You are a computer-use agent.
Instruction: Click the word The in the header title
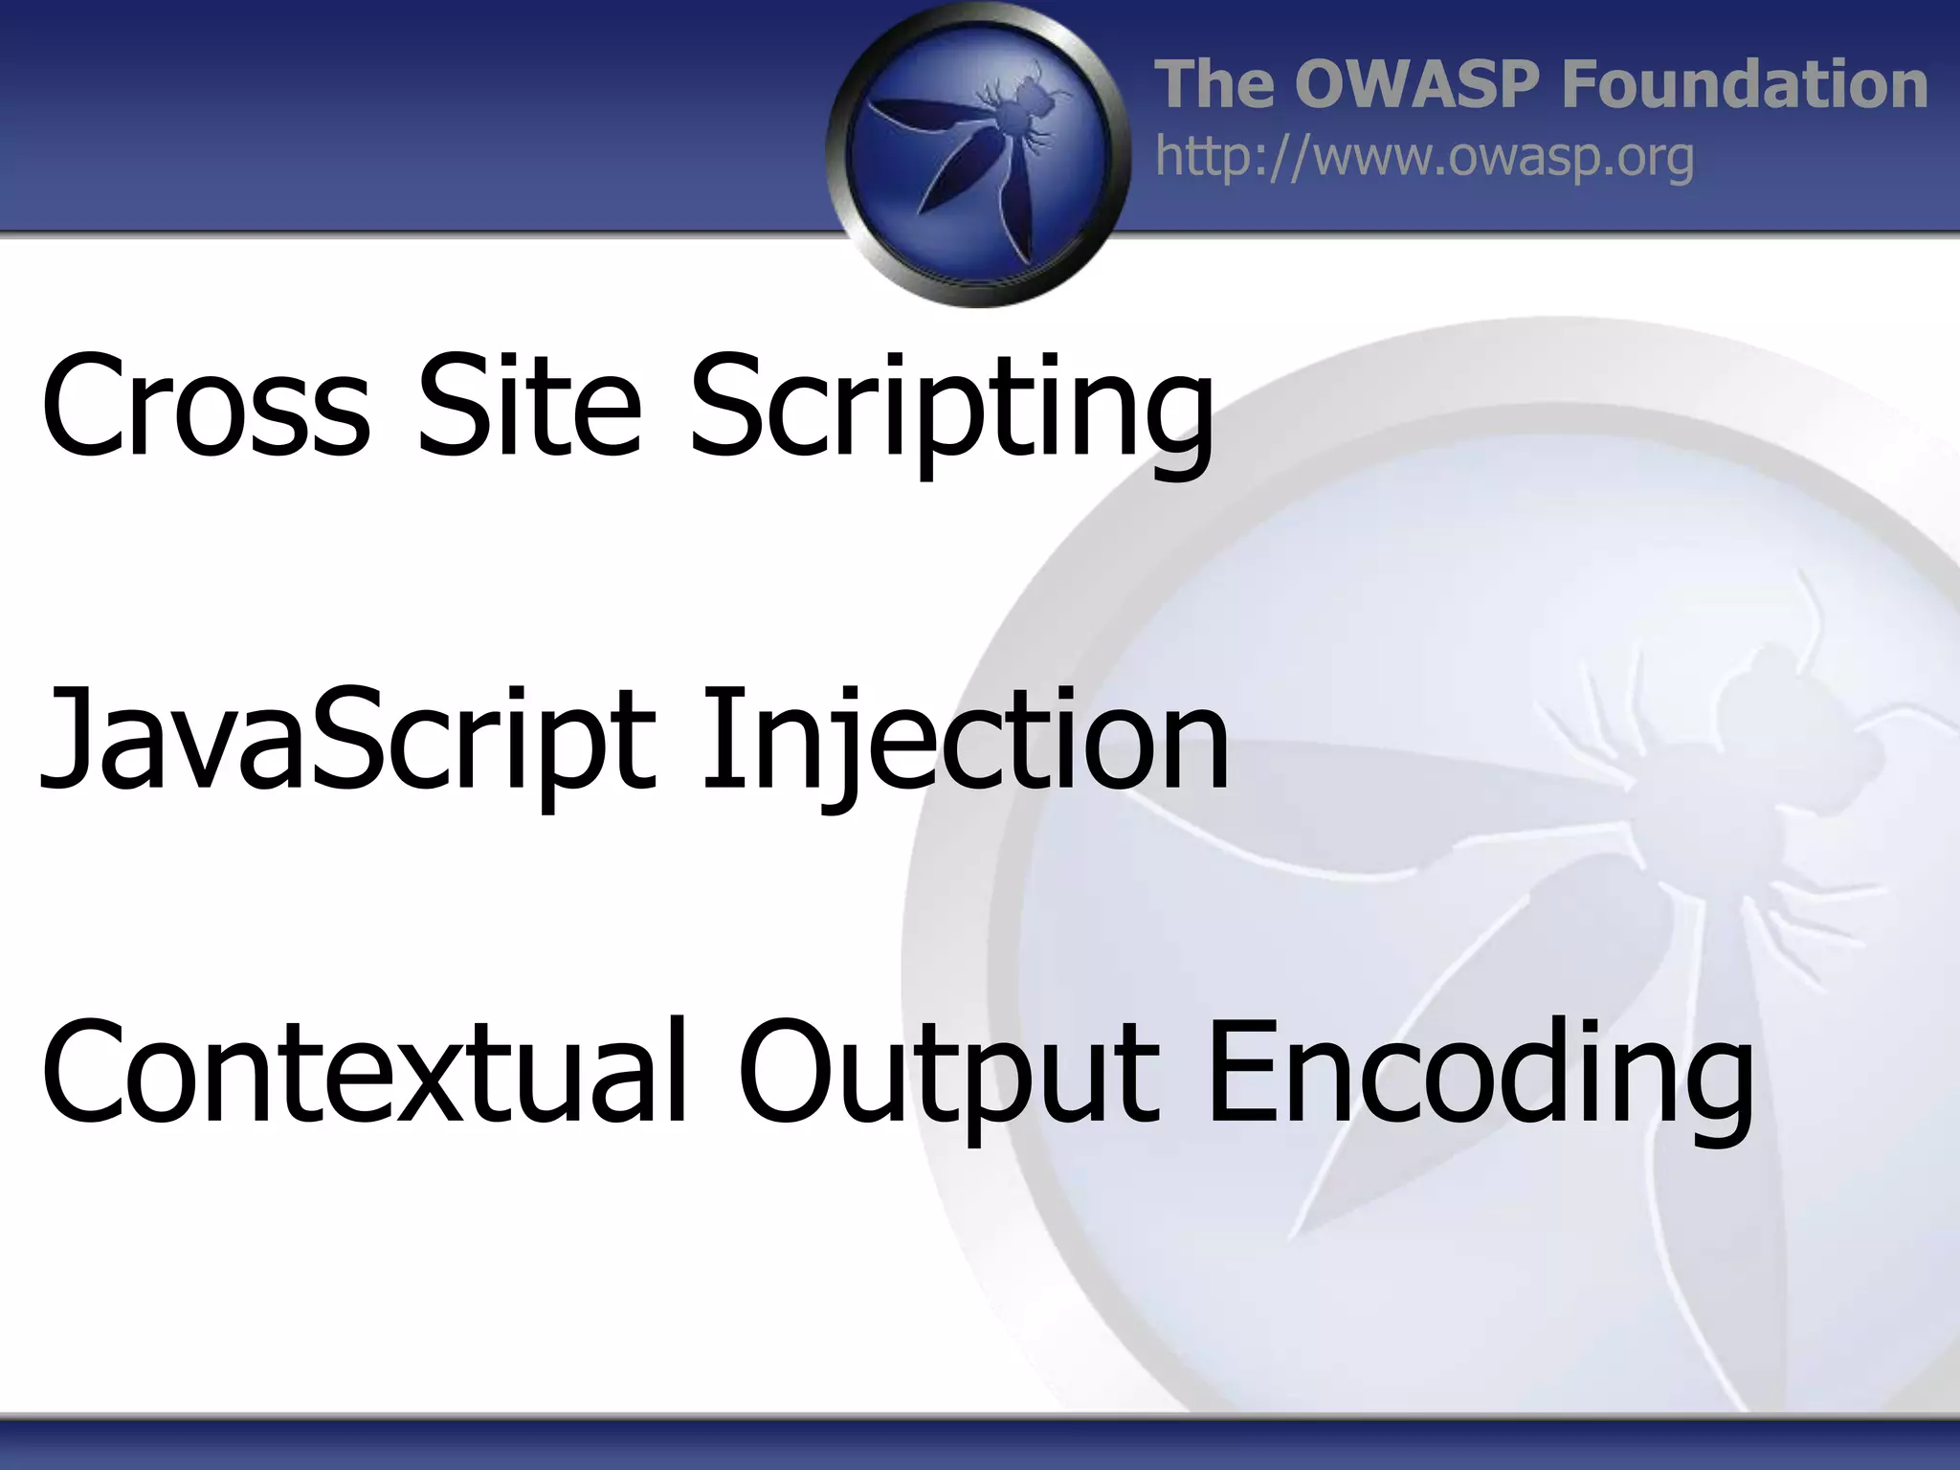(1216, 84)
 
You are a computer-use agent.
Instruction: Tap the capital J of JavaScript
(67, 742)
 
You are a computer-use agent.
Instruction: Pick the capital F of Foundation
(1584, 84)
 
